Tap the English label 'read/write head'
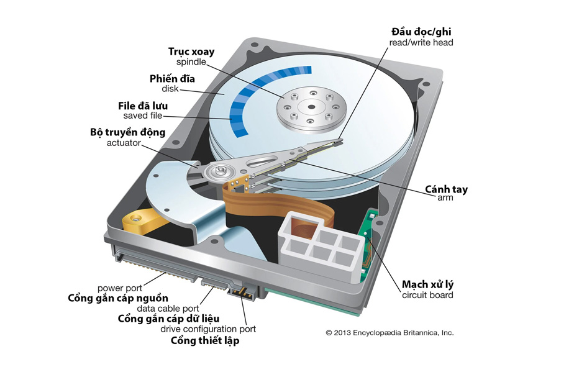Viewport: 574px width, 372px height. [422, 43]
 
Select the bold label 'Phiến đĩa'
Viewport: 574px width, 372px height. [172, 79]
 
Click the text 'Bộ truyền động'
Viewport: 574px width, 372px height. [128, 132]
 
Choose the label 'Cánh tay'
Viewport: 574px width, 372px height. [446, 188]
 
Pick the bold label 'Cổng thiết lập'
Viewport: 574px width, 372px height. [205, 340]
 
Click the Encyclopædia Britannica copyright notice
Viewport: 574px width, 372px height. [389, 332]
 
